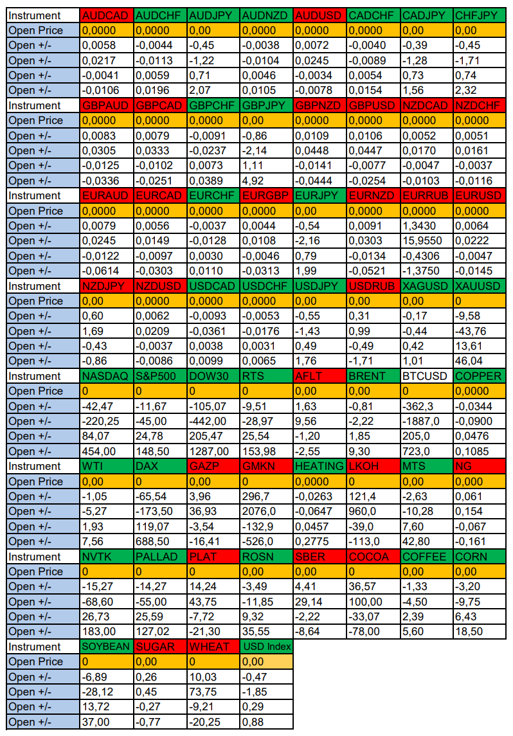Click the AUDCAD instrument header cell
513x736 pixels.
tap(107, 15)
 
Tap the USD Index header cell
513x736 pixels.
tap(266, 647)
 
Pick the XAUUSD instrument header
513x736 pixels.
tap(477, 286)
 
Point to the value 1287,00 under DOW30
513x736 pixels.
tap(213, 451)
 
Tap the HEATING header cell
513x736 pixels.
tap(319, 466)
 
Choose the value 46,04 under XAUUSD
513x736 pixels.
tap(477, 361)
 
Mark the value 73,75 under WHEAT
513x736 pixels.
tap(213, 692)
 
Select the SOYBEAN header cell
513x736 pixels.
tap(107, 647)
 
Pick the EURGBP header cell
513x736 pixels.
tap(266, 195)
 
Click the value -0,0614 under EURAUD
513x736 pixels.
tap(107, 271)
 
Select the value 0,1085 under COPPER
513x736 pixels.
tap(477, 451)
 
